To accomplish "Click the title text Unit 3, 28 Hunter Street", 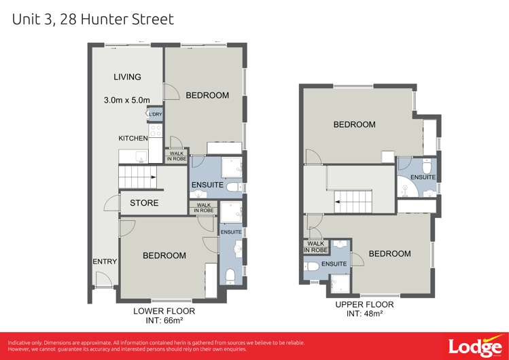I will tap(93, 19).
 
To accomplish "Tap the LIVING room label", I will tap(127, 77).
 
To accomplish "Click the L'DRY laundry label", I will tap(155, 114).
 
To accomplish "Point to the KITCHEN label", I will tap(133, 138).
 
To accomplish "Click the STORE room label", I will tap(144, 202).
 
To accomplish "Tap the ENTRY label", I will tap(105, 262).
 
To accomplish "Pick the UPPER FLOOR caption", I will tap(364, 305).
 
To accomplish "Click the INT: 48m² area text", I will tap(364, 314).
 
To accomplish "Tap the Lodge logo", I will tap(475, 345).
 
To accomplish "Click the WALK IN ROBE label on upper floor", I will tap(316, 247).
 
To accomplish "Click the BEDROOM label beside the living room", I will tap(207, 95).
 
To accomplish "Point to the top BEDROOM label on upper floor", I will tap(354, 124).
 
